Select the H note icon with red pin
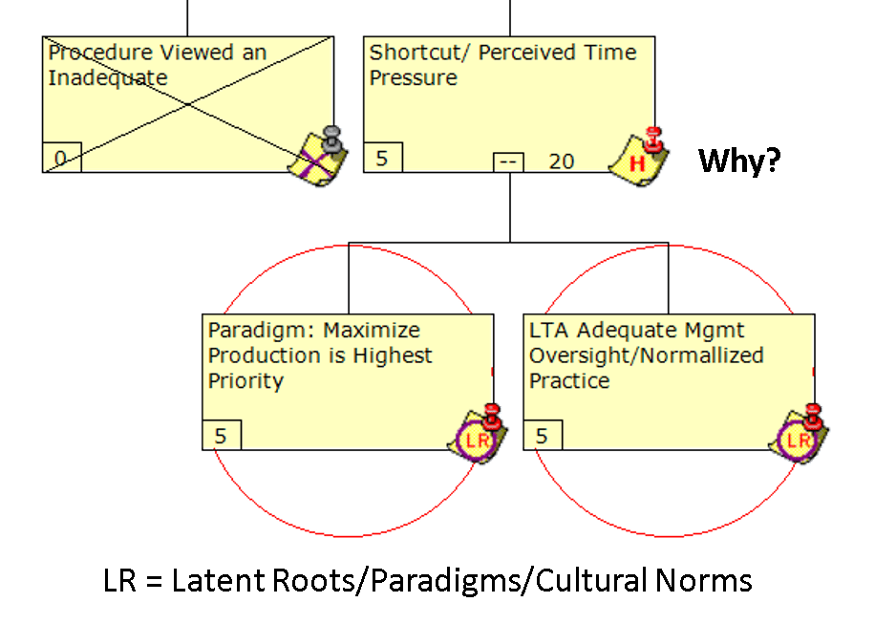(639, 155)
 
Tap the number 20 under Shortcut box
(562, 161)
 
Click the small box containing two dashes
(508, 161)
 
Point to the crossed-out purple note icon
(317, 155)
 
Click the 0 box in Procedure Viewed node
(61, 158)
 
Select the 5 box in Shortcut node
(382, 158)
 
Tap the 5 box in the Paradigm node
(222, 436)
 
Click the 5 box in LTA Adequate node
(543, 436)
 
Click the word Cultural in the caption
(581, 580)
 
